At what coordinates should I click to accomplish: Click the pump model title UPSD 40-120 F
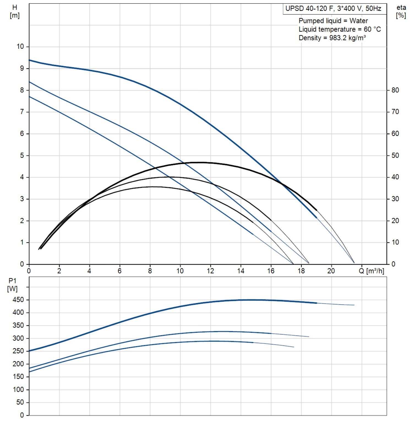[333, 9]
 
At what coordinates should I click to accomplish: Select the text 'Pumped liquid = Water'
[333, 21]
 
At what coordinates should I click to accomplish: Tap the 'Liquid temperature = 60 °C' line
[340, 29]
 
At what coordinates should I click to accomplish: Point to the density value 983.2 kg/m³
[347, 38]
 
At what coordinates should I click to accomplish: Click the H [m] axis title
[15, 12]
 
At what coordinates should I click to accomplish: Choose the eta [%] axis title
[401, 12]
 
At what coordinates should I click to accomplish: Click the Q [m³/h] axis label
[371, 271]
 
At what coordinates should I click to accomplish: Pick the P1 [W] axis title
[12, 285]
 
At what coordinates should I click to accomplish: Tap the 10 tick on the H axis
[20, 47]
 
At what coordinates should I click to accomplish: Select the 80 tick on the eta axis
[395, 90]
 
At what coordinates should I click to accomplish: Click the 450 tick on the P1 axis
[18, 300]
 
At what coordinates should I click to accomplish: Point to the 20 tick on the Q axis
[331, 271]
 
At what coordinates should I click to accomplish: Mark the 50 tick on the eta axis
[395, 155]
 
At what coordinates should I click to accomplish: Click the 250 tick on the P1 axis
[18, 351]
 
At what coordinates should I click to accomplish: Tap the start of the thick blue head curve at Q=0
[29, 60]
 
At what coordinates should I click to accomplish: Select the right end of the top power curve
[354, 305]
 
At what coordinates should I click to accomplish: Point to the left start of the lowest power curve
[29, 372]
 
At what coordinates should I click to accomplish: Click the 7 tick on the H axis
[22, 112]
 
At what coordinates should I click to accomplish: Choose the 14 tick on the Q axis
[240, 271]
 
